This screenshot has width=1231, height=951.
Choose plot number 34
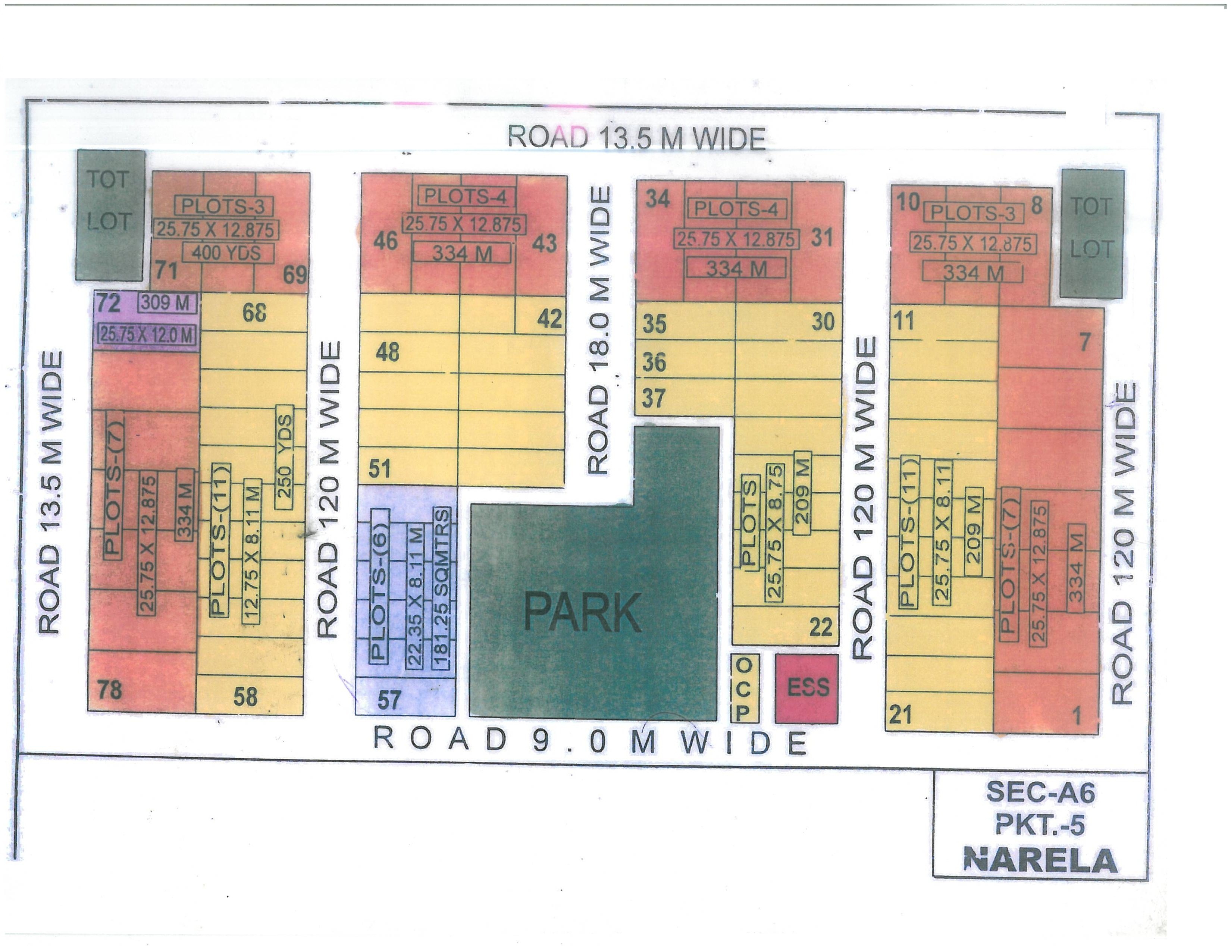coord(658,199)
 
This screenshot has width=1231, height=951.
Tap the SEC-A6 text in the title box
coord(1040,793)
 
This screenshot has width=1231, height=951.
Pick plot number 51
coord(380,468)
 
